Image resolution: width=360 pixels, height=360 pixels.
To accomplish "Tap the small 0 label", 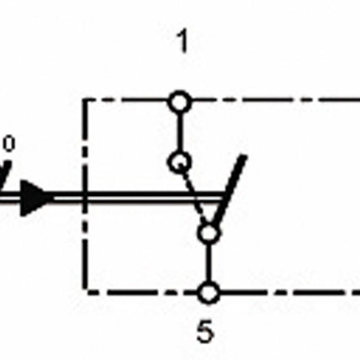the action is coord(9,144).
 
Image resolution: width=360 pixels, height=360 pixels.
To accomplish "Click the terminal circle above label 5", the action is coord(208,293).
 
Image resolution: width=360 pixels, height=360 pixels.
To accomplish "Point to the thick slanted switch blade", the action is coord(229,194).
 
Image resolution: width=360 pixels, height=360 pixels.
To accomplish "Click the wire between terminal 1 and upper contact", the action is coord(180,132).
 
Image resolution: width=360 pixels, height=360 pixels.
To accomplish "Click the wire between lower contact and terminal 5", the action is coord(208,263).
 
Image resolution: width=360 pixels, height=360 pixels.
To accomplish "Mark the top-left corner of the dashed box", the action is coord(84,101).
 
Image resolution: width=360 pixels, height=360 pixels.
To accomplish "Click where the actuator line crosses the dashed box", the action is coord(84,198).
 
